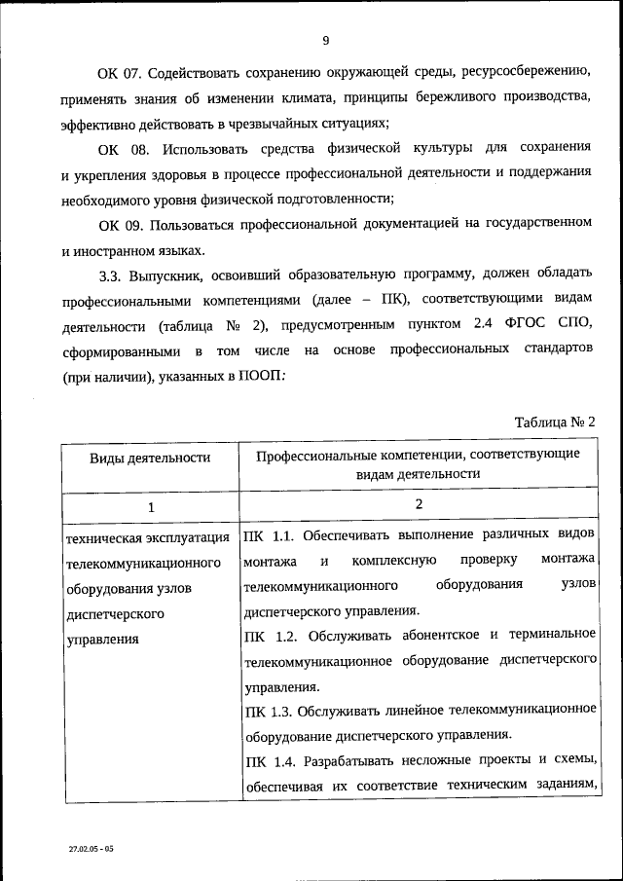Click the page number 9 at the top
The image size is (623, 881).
coord(326,40)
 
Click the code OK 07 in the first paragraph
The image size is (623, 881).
coord(121,74)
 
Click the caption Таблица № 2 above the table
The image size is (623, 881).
coord(553,422)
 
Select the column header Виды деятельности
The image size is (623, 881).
coord(150,457)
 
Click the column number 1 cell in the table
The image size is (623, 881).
coord(150,507)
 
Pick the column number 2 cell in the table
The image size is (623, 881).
coord(419,504)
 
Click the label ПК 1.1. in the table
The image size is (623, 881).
coord(269,535)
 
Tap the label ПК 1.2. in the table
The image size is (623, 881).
coord(269,636)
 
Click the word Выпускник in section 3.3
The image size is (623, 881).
coord(173,275)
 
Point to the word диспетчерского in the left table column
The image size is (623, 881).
coord(113,614)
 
